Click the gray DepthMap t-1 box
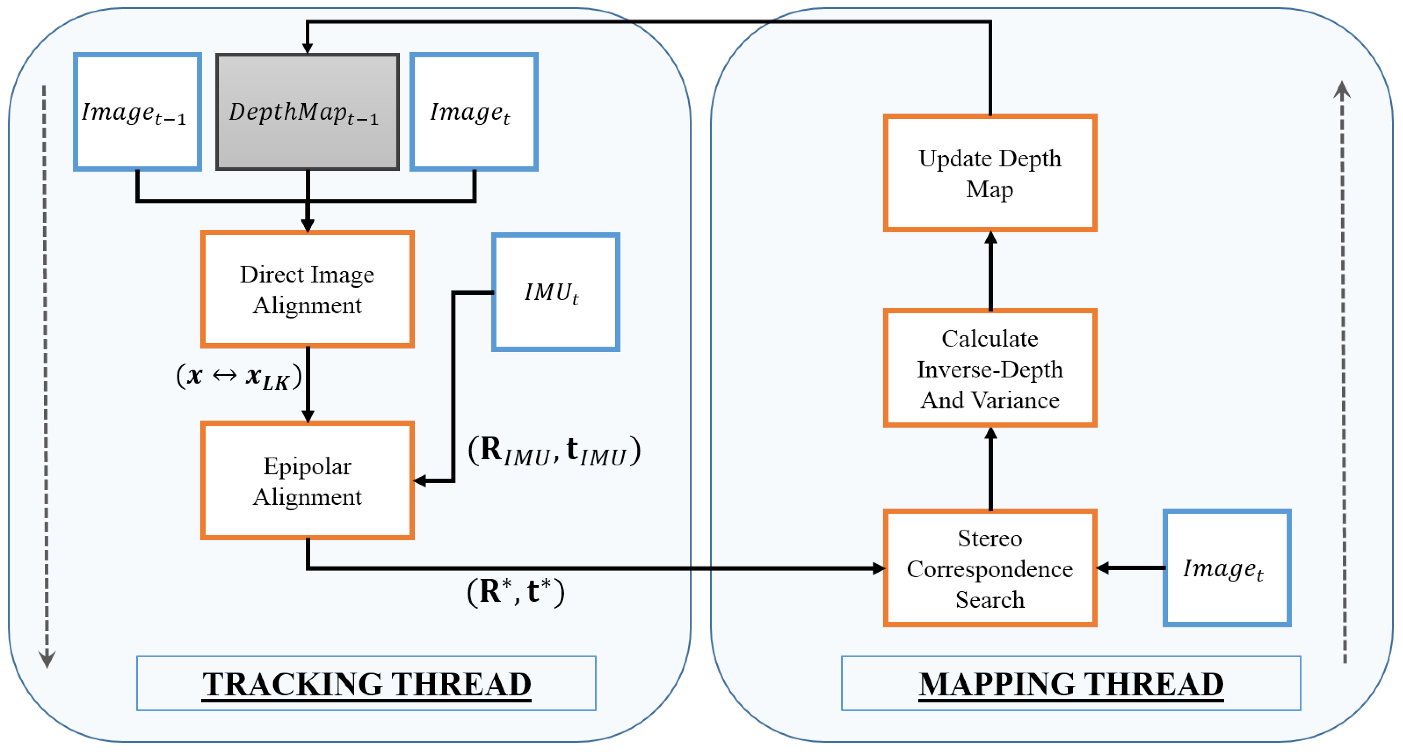(x=307, y=112)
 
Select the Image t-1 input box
(x=137, y=112)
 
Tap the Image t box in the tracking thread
(x=474, y=112)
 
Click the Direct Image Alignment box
(x=307, y=289)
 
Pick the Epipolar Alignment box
(x=307, y=480)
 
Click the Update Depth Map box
(x=990, y=173)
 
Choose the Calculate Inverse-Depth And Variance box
(x=990, y=368)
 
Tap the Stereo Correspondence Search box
(x=990, y=569)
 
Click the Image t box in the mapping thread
(x=1226, y=569)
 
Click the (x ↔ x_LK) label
(x=239, y=376)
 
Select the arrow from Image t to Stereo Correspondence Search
(x=1130, y=569)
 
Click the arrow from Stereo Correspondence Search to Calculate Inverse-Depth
(x=991, y=469)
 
